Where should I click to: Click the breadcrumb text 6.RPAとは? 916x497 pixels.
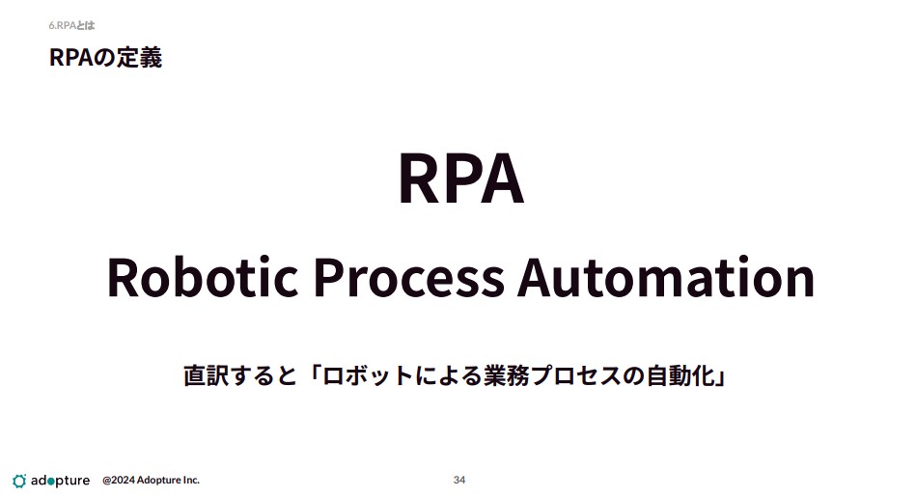tap(71, 25)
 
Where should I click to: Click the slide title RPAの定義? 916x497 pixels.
tap(106, 57)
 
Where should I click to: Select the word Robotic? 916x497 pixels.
tap(203, 276)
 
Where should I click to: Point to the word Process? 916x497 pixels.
tap(409, 277)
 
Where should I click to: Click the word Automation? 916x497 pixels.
tap(666, 276)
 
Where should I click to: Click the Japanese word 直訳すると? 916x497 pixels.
tap(240, 375)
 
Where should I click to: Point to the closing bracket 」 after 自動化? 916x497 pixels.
tap(720, 378)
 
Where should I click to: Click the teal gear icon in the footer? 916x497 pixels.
tap(19, 481)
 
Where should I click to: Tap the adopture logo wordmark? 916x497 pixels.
tap(60, 481)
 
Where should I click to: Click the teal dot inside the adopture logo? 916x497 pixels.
tap(50, 482)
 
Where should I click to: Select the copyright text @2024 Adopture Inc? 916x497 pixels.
tap(151, 480)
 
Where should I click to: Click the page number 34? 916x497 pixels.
tap(459, 480)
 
